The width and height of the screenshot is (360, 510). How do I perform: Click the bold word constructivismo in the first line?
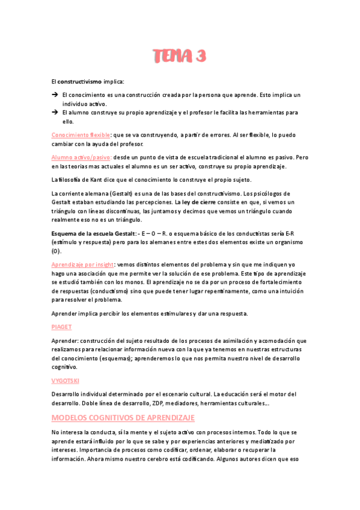point(79,81)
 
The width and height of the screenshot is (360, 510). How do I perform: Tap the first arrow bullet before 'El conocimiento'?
point(54,95)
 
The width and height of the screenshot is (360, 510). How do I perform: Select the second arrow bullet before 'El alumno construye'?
point(54,112)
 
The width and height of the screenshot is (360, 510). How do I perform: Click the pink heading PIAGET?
point(61,327)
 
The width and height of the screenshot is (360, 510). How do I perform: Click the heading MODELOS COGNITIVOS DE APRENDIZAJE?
point(123,417)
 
